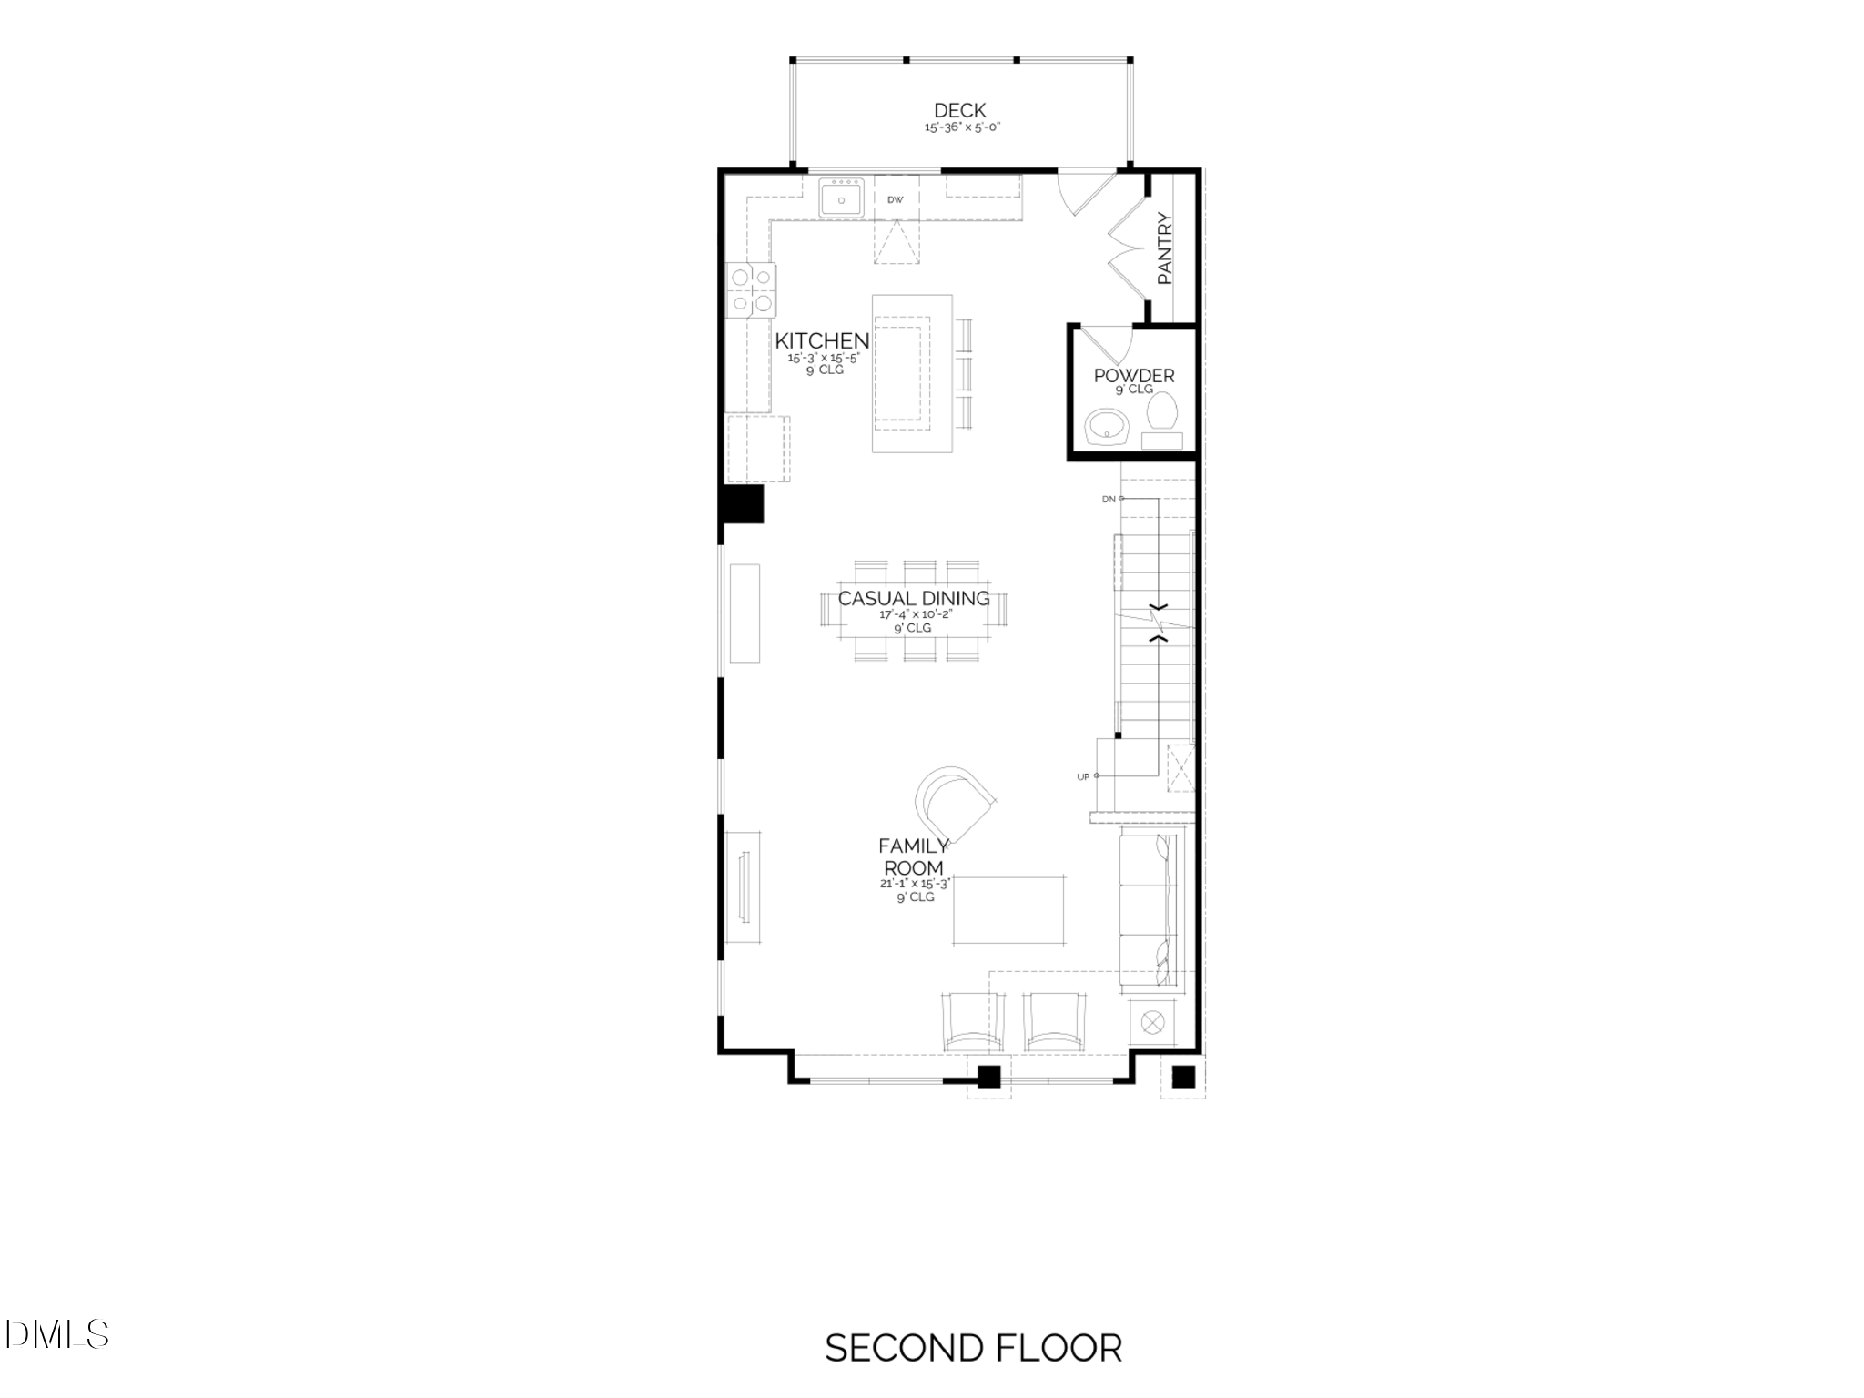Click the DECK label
[959, 111]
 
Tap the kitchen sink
[842, 198]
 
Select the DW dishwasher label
[896, 199]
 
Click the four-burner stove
[752, 290]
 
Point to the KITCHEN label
[822, 340]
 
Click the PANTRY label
[1165, 248]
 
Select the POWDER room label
[1134, 375]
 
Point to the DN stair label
[1108, 499]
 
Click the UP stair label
[1083, 776]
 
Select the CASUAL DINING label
[913, 598]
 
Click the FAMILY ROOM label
[913, 856]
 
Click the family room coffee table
[1009, 910]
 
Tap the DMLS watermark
[60, 1334]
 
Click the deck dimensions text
[962, 128]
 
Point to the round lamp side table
[1151, 1022]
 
